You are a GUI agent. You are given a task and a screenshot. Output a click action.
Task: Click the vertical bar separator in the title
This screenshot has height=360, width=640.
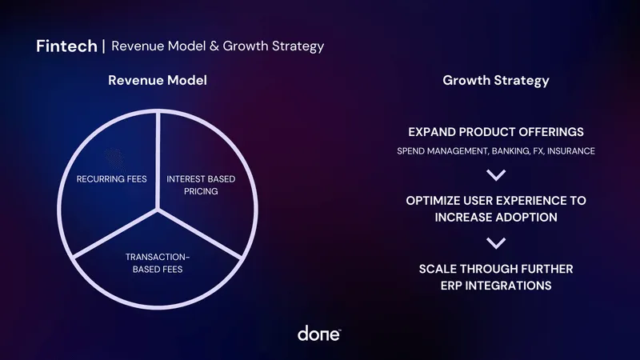point(103,46)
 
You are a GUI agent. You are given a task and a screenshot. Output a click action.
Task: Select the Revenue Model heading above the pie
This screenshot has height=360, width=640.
point(157,81)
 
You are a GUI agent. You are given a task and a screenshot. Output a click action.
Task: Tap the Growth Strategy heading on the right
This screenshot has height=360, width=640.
point(495,81)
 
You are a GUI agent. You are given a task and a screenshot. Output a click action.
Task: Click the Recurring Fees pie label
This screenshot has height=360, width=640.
point(112,179)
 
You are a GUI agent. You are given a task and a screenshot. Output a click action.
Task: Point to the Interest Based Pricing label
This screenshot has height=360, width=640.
point(201,185)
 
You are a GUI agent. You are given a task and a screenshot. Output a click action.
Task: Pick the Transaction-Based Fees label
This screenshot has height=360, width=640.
point(158,262)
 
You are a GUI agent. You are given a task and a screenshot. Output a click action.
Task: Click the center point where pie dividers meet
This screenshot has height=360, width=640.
point(158,210)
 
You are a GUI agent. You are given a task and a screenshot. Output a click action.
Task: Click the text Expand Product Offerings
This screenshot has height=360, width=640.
point(496,132)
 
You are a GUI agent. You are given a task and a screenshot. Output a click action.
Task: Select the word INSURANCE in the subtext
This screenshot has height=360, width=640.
point(570,150)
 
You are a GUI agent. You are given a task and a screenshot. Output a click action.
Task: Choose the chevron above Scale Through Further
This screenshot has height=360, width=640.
point(496,243)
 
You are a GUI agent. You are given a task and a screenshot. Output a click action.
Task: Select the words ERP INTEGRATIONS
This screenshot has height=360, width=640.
point(496,286)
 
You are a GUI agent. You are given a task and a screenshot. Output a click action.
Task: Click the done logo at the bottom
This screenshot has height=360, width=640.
point(319,334)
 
